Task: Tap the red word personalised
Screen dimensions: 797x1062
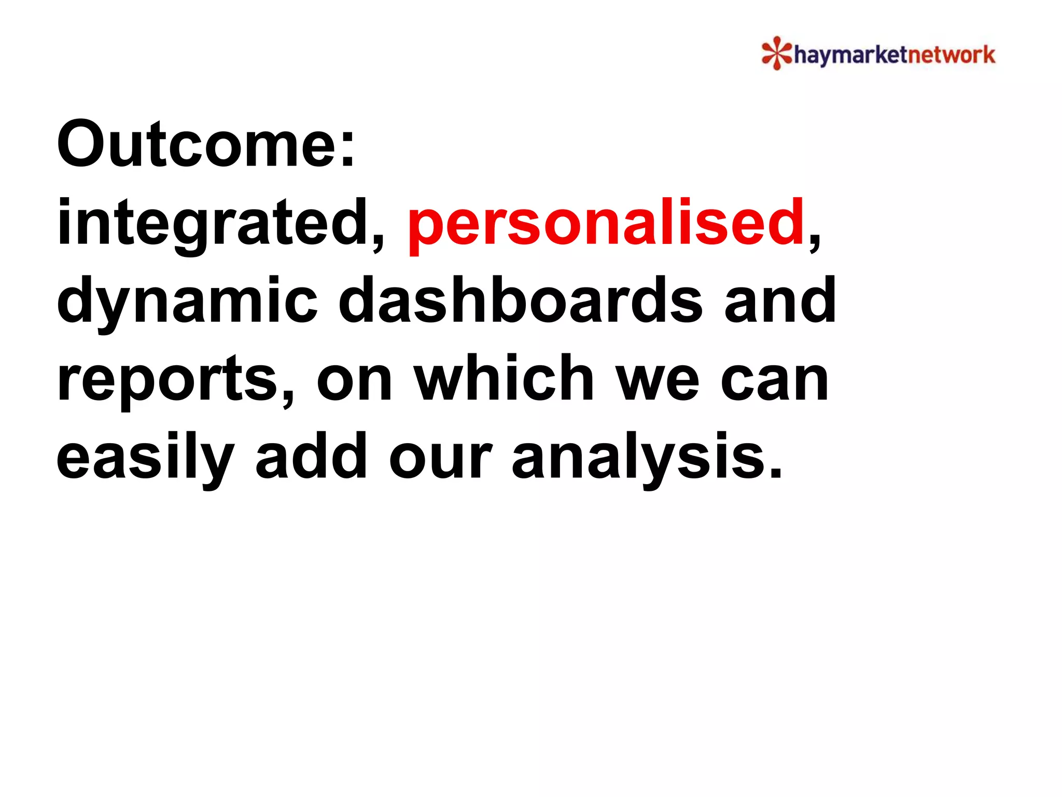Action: pyautogui.click(x=605, y=223)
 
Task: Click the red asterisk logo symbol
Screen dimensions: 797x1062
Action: pyautogui.click(x=776, y=53)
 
